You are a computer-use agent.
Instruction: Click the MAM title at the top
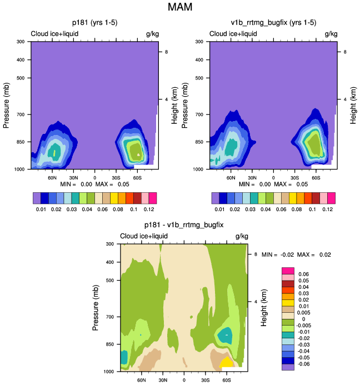[x=180, y=7]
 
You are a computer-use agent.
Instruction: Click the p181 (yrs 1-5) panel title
[x=95, y=23]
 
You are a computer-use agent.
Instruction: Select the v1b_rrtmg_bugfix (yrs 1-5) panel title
[x=273, y=23]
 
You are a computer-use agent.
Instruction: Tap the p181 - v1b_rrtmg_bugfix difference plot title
[x=184, y=225]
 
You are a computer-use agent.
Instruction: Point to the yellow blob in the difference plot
[x=226, y=362]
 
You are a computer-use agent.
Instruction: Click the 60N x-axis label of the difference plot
[x=142, y=380]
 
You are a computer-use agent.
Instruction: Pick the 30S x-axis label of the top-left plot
[x=116, y=178]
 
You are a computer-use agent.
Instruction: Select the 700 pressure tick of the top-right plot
[x=199, y=114]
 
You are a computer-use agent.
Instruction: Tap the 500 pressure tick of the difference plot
[x=110, y=280]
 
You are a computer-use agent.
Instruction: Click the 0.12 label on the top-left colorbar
[x=149, y=209]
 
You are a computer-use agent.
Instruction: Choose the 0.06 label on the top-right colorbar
[x=281, y=209]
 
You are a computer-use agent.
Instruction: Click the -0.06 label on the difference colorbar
[x=303, y=364]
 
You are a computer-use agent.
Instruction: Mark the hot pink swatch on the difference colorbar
[x=288, y=271]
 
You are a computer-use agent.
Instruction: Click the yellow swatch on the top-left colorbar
[x=114, y=198]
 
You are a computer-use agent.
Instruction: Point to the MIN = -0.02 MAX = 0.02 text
[x=296, y=254]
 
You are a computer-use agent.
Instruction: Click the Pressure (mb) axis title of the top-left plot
[x=6, y=106]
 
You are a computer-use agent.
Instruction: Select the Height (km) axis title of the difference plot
[x=264, y=308]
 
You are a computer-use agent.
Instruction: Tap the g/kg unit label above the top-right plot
[x=331, y=34]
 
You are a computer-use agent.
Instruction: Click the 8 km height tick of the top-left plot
[x=166, y=52]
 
